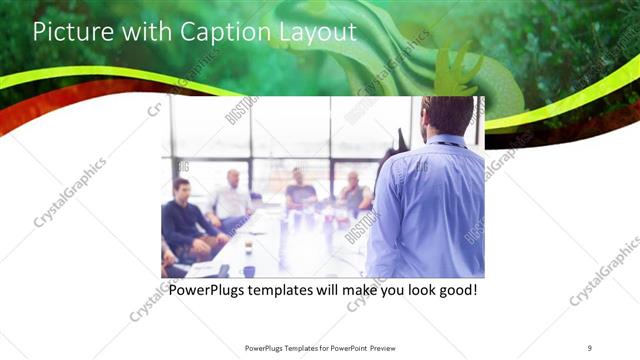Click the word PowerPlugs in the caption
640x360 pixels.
(208, 290)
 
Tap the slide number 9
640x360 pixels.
(589, 347)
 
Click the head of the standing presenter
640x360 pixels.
(446, 115)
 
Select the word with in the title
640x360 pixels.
(146, 31)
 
